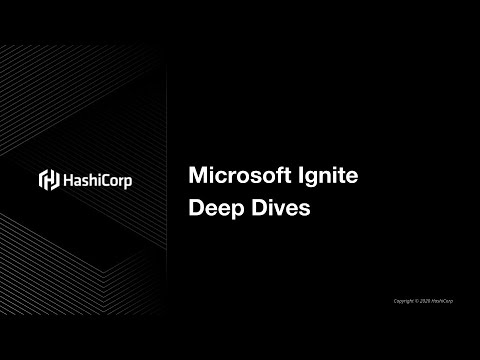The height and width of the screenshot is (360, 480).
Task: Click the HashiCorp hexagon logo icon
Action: click(47, 180)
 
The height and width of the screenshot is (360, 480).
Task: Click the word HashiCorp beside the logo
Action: click(98, 180)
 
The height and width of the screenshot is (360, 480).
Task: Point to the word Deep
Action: click(214, 212)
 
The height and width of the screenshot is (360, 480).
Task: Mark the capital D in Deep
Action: click(196, 211)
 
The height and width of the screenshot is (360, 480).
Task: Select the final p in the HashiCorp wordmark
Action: click(128, 182)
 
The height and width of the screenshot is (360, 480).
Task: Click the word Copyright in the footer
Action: click(401, 301)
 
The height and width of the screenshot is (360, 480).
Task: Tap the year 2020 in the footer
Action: click(424, 301)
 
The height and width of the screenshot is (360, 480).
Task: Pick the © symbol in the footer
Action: click(414, 301)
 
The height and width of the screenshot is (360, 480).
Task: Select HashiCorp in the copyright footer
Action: click(441, 301)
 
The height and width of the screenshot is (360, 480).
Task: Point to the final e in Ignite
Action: click(352, 179)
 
